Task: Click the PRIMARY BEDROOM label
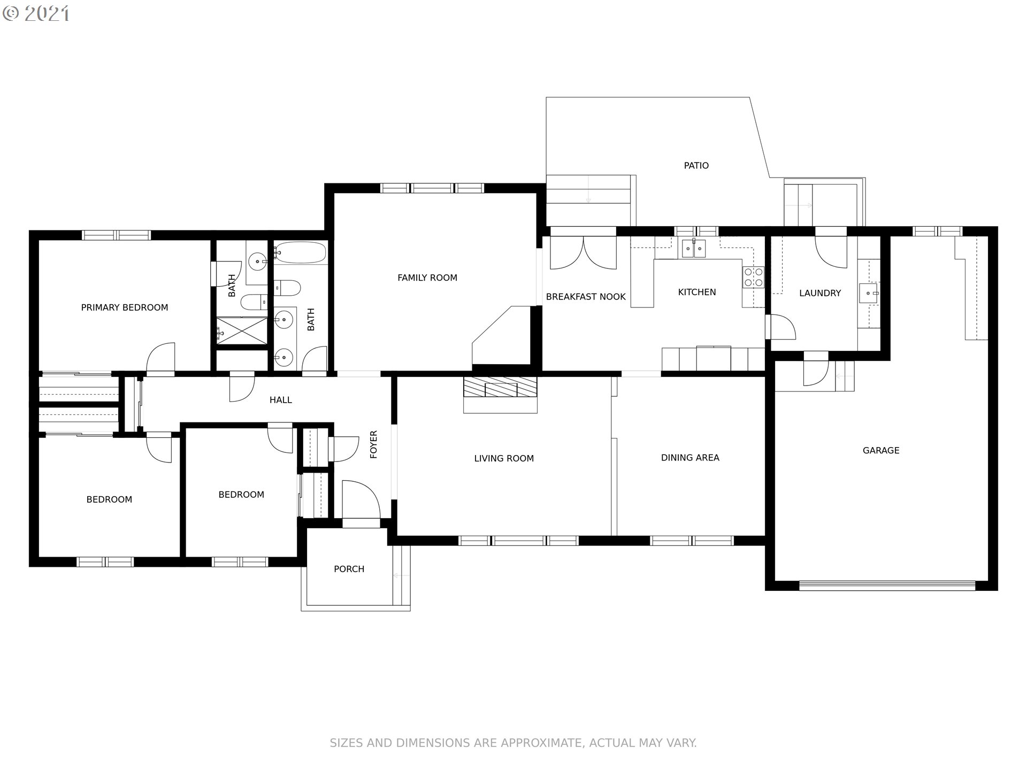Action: [125, 307]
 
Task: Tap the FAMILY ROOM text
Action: [427, 278]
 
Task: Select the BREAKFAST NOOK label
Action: [586, 297]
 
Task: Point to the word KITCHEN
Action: [697, 292]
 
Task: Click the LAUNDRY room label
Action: [820, 293]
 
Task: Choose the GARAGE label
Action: [881, 450]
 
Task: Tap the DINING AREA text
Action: [690, 458]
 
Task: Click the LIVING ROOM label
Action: [504, 458]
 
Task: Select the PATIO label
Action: [696, 166]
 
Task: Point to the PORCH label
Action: [349, 569]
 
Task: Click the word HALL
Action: [281, 400]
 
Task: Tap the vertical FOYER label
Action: [374, 444]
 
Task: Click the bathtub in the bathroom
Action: [300, 252]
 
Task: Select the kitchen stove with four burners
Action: [753, 276]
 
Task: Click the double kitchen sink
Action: [694, 249]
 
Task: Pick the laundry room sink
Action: [868, 294]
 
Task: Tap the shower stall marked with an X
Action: [242, 330]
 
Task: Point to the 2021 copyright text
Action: [36, 13]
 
